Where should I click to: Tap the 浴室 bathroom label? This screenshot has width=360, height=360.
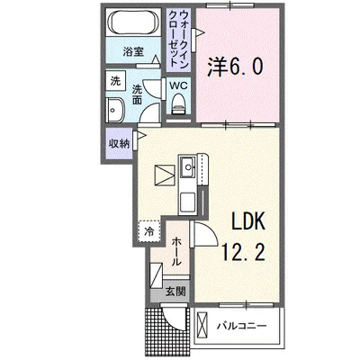[133, 52]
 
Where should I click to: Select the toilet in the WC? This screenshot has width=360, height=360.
[178, 103]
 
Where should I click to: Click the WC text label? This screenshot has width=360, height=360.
[178, 85]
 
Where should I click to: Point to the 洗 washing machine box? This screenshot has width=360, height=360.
[115, 81]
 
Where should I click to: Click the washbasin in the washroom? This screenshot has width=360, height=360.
[114, 110]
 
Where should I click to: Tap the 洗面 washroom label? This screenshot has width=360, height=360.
[137, 94]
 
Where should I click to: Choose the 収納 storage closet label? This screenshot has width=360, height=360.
[119, 144]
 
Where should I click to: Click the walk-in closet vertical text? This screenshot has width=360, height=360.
[178, 39]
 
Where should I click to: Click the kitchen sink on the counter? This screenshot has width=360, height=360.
[187, 166]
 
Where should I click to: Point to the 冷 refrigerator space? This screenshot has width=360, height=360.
[149, 231]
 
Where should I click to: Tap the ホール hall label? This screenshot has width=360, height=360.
[176, 251]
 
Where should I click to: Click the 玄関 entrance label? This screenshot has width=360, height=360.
[175, 292]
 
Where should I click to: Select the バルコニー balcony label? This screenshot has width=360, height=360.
[242, 326]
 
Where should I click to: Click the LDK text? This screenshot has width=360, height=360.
[247, 221]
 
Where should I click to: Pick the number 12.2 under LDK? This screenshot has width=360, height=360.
[243, 251]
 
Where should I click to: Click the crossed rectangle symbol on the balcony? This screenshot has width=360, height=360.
[202, 326]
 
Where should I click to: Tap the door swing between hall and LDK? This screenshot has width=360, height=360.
[205, 234]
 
